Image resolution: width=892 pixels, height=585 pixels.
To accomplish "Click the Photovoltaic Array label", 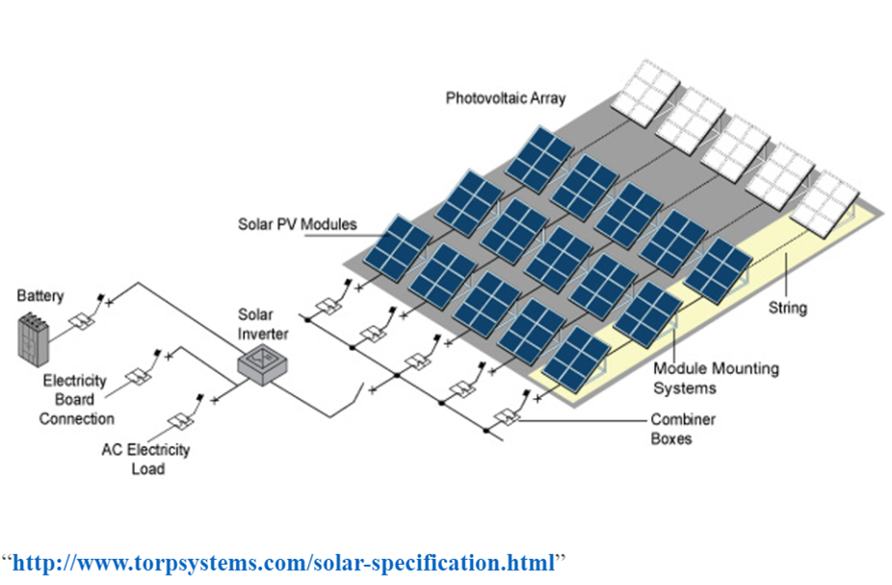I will [x=506, y=98].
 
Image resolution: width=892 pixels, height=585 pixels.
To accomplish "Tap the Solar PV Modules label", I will [x=297, y=225].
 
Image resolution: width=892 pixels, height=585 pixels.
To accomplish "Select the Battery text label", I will [x=39, y=296].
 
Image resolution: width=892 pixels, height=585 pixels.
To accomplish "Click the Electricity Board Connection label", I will [x=75, y=399].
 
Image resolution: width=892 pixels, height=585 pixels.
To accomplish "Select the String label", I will [x=787, y=309].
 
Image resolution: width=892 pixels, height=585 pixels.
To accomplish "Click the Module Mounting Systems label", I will [x=716, y=378].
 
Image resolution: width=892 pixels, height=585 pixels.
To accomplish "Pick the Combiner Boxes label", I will [x=684, y=429].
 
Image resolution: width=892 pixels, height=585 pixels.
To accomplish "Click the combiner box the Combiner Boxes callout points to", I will [x=505, y=417].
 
